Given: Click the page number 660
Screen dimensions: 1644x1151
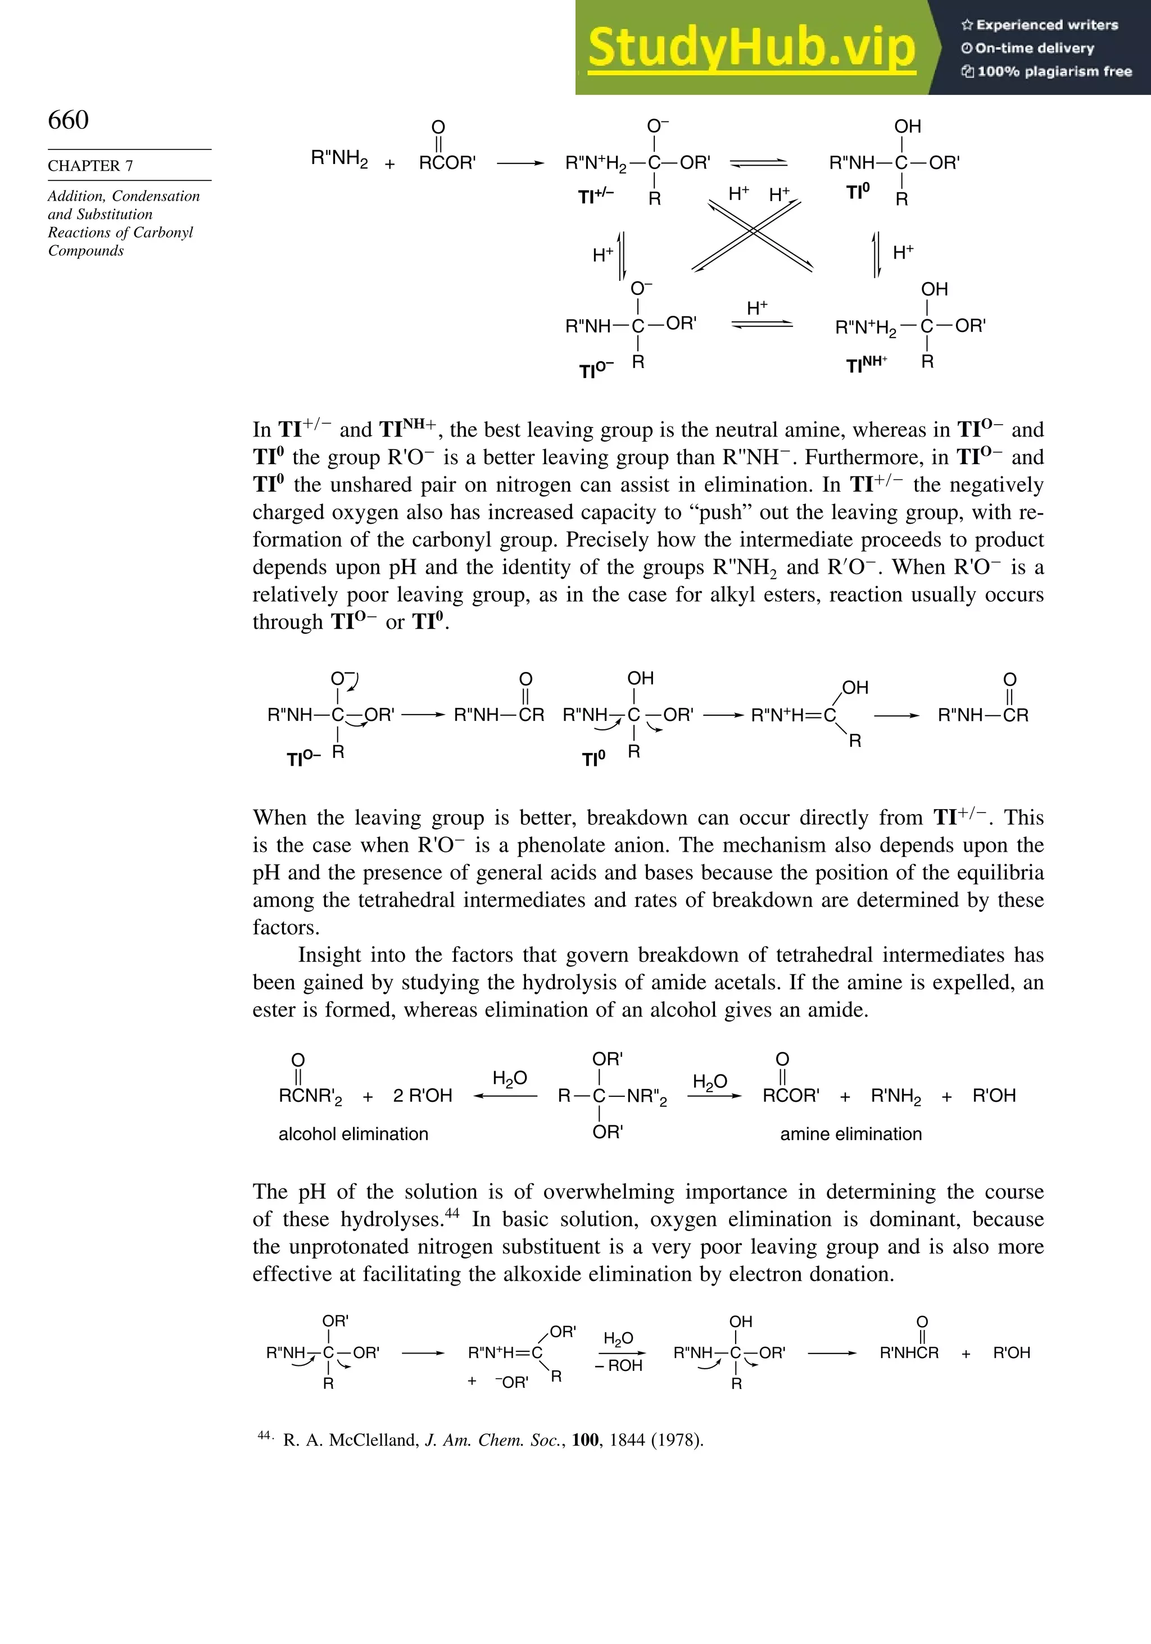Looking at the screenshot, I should [68, 120].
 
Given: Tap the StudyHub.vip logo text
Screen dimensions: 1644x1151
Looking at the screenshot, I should [751, 47].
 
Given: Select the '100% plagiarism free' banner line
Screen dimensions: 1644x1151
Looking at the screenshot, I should [1046, 71].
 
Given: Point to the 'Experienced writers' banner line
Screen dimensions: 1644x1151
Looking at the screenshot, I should [1039, 25].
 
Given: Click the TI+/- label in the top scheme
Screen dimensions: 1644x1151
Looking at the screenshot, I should [595, 196].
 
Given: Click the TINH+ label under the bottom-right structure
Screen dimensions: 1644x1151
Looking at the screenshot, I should [866, 365].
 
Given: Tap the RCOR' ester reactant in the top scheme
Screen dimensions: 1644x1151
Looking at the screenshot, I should [447, 164].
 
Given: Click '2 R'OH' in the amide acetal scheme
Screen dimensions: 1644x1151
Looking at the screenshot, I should [423, 1096].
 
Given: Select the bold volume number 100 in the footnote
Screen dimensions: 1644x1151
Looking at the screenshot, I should [585, 1440].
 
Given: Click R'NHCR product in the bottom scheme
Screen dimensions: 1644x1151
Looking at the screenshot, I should [909, 1352].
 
